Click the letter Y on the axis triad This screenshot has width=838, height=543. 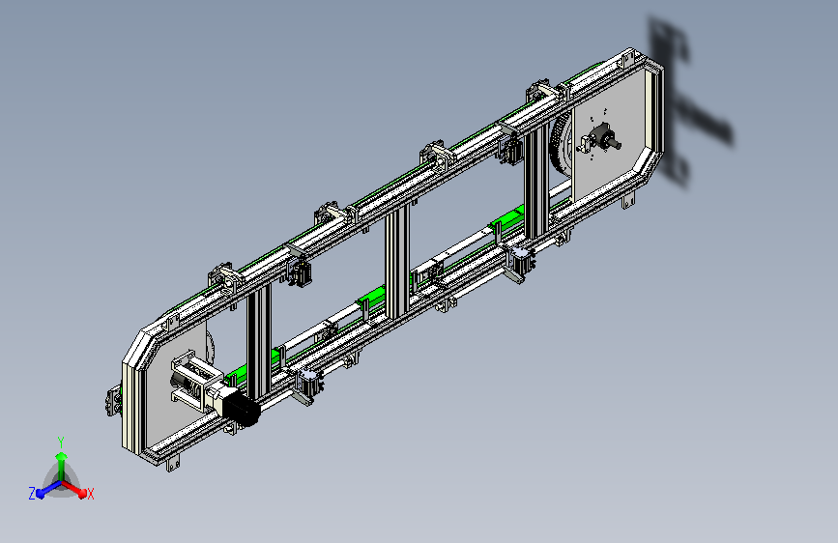61,443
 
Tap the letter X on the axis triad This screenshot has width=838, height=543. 90,495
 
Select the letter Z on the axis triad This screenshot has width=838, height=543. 32,494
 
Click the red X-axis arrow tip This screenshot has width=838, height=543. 82,494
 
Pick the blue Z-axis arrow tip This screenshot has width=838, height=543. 41,494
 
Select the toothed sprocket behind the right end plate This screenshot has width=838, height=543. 559,146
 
